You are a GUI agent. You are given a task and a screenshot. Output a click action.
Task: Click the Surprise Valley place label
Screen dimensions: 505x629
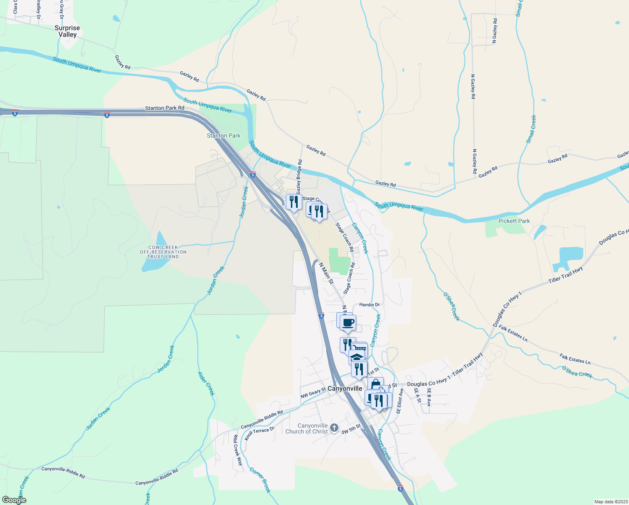pyautogui.click(x=67, y=31)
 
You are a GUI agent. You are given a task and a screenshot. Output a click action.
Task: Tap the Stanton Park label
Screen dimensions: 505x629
pyautogui.click(x=223, y=136)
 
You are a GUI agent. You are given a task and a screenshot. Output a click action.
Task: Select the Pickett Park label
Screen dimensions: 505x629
pyautogui.click(x=514, y=221)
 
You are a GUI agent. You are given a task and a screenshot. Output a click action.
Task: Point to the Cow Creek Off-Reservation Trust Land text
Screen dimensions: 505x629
pyautogui.click(x=163, y=252)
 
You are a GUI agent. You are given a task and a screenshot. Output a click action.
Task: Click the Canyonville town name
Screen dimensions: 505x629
pyautogui.click(x=344, y=388)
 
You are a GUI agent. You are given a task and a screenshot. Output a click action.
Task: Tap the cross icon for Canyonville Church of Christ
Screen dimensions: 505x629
pyautogui.click(x=334, y=428)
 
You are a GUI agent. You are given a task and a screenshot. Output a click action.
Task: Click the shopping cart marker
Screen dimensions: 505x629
pyautogui.click(x=360, y=349)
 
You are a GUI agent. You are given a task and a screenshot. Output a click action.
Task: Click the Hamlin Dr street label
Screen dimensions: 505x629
pyautogui.click(x=370, y=305)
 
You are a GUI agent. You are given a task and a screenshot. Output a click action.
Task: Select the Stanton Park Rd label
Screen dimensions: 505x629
pyautogui.click(x=164, y=108)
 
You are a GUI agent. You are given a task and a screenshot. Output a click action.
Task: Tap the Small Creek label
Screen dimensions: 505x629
pyautogui.click(x=531, y=129)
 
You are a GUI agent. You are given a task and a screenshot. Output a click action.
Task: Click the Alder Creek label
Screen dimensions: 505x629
pyautogui.click(x=206, y=383)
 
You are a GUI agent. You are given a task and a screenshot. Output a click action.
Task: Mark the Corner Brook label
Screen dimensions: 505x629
pyautogui.click(x=260, y=480)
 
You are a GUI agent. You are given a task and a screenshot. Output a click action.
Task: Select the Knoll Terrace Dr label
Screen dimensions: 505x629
pyautogui.click(x=259, y=433)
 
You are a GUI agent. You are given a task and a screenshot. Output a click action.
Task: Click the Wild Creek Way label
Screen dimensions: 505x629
pyautogui.click(x=238, y=450)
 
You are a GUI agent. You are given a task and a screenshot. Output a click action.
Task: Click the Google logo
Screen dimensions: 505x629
pyautogui.click(x=14, y=500)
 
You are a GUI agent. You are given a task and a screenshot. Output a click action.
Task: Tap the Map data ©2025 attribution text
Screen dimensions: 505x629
pyautogui.click(x=610, y=502)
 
